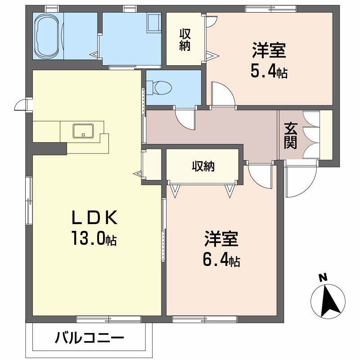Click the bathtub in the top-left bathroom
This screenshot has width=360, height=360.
click(x=49, y=36)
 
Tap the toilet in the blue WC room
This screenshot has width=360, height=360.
click(x=156, y=87)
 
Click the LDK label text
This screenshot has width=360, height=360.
click(x=95, y=218)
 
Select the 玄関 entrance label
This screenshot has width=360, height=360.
click(x=290, y=135)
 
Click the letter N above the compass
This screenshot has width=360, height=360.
click(x=323, y=278)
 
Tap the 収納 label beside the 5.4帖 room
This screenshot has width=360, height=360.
click(x=184, y=40)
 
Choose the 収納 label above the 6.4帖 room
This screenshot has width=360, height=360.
click(x=203, y=166)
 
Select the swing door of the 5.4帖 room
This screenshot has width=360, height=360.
click(x=223, y=94)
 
